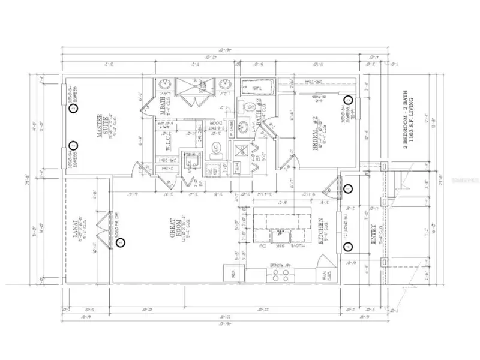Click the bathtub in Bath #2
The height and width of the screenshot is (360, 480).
coord(259,88)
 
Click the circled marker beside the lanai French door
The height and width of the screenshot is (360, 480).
coord(121,243)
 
